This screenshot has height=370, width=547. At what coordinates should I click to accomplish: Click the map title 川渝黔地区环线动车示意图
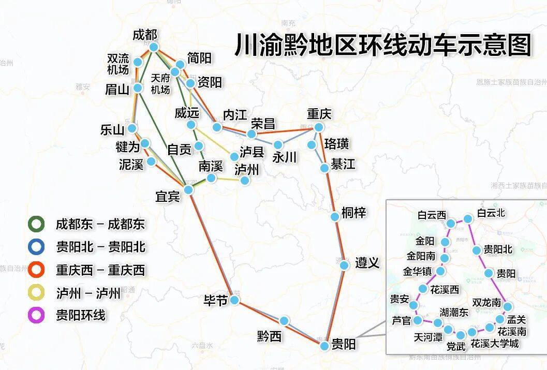[x=383, y=45]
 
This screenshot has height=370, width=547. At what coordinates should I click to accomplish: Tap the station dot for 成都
[x=154, y=47]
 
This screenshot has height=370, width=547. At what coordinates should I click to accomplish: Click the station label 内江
[x=234, y=115]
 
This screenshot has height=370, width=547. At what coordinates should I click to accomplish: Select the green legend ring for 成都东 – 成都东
[x=36, y=224]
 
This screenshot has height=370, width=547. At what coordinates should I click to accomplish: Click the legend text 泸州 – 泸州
[x=88, y=293]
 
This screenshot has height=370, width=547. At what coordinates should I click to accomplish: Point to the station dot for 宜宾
[x=188, y=190]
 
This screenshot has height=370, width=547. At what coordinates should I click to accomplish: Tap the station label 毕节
[x=215, y=301]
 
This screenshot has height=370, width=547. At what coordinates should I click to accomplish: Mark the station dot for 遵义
[x=344, y=265]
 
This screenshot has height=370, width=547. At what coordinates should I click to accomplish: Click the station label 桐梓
[x=354, y=213]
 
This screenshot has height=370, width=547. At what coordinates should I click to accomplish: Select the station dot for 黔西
[x=284, y=321]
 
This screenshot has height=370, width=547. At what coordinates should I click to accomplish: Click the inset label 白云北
[x=491, y=213]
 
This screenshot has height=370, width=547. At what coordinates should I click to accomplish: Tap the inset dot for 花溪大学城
[x=472, y=332]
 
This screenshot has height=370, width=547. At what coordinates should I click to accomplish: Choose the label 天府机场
[x=160, y=84]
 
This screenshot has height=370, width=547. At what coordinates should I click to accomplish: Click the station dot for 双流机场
[x=138, y=62]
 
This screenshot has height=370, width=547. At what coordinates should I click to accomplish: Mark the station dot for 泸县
[x=234, y=157]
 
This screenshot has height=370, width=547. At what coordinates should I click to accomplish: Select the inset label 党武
[x=455, y=346]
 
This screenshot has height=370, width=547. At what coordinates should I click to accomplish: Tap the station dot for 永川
[x=278, y=144]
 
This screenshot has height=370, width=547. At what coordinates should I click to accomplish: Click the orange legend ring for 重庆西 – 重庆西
[x=36, y=270]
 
